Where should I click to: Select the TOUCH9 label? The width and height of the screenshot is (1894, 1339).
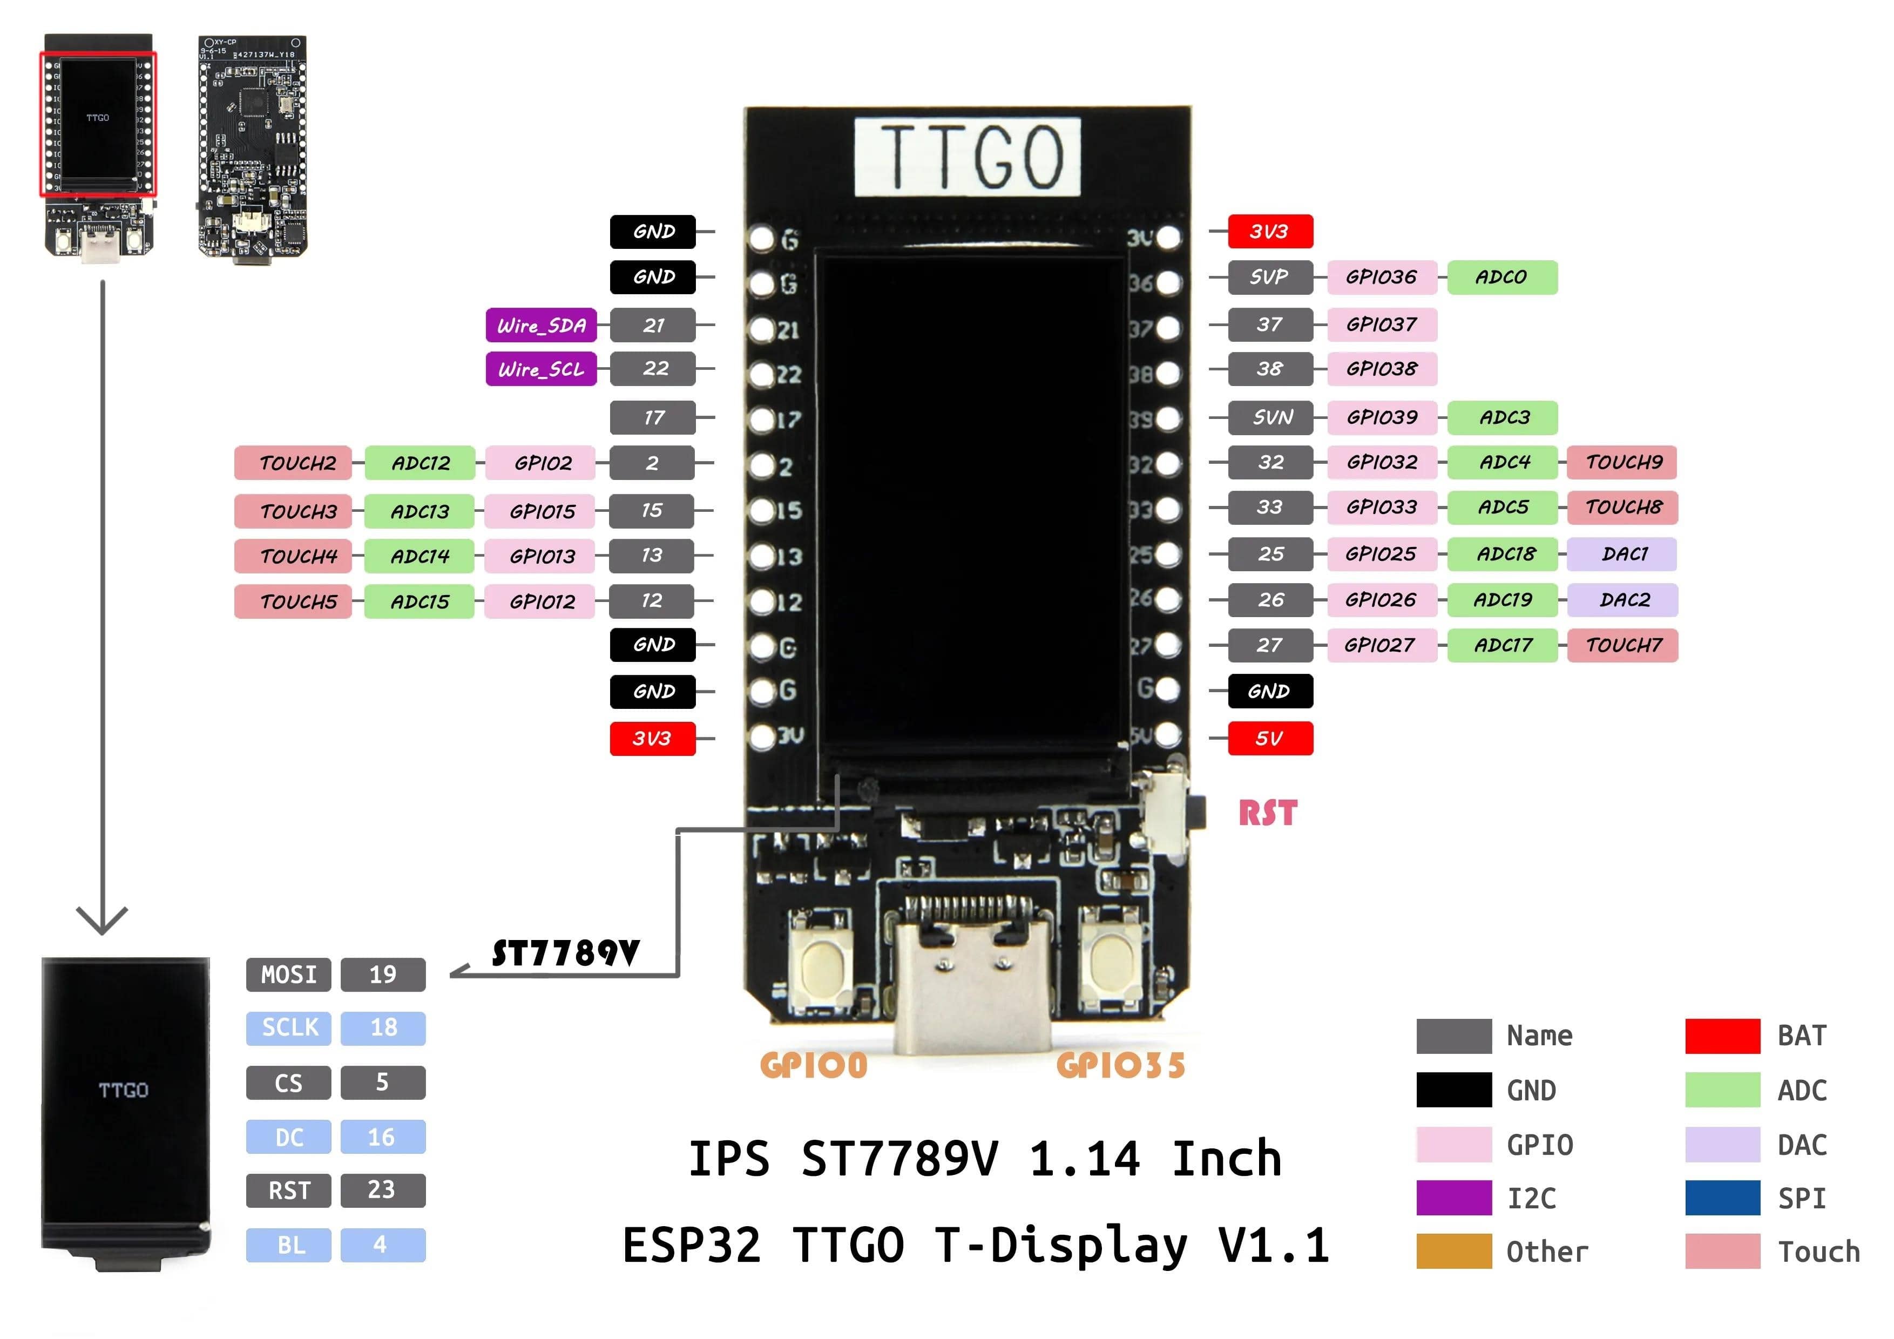(x=1622, y=462)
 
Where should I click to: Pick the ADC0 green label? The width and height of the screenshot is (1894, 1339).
(x=1501, y=277)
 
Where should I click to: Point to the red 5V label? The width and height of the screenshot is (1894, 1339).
(x=1269, y=739)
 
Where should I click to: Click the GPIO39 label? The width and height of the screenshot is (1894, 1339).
(x=1382, y=417)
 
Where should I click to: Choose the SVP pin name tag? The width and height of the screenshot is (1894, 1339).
(x=1269, y=277)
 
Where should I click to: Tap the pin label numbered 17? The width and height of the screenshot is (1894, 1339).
(x=653, y=417)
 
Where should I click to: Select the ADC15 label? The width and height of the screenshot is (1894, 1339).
(x=420, y=601)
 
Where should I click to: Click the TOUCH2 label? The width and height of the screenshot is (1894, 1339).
(x=294, y=463)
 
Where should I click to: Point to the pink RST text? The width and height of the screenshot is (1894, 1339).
(x=1267, y=814)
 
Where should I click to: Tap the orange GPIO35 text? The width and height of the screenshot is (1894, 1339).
(x=1120, y=1065)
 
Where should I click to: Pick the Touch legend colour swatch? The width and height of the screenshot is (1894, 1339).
(x=1722, y=1251)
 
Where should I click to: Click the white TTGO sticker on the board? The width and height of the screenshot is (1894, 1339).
(x=967, y=157)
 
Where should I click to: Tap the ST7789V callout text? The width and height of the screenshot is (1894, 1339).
(x=566, y=953)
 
